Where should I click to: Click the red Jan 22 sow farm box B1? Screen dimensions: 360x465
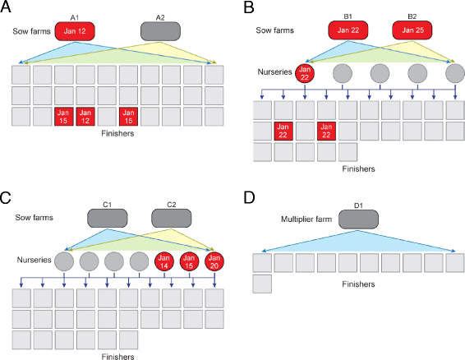point(349,31)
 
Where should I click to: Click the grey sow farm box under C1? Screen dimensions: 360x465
point(108,218)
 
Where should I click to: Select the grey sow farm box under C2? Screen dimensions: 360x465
point(171,218)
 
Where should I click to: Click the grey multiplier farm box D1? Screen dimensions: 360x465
point(357,219)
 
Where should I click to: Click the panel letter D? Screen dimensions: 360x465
point(247,197)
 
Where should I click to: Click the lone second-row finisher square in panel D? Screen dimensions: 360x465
point(263,284)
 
